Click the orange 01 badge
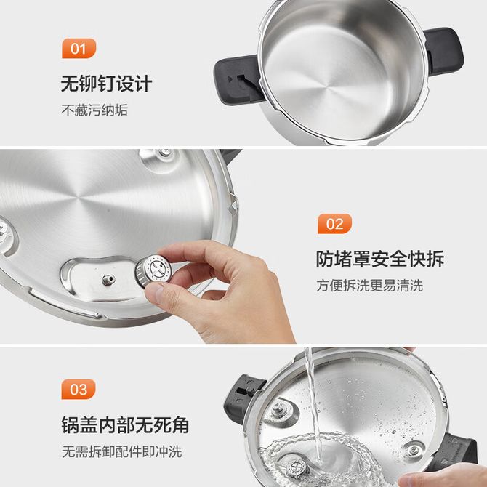(x=79, y=48)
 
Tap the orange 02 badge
(x=334, y=224)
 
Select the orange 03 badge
(x=79, y=389)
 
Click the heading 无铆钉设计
(x=106, y=84)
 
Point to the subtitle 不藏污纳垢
(x=94, y=110)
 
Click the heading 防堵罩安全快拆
(x=380, y=259)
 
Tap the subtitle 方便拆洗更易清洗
(x=369, y=286)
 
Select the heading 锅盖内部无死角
(x=125, y=424)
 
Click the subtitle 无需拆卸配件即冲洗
(x=122, y=451)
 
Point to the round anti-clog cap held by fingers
(x=153, y=270)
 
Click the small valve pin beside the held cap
(x=109, y=280)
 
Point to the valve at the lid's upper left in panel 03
(x=278, y=409)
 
